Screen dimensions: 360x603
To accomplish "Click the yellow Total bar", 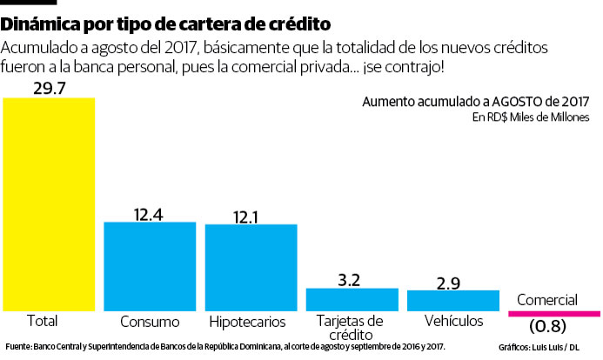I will pos(49,203).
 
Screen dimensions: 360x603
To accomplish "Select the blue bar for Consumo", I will pos(150,266).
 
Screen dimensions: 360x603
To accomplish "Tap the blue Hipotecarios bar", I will pos(251,267).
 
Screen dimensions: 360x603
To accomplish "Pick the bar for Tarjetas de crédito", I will pos(352,299).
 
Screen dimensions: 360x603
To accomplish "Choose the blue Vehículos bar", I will pos(453,300).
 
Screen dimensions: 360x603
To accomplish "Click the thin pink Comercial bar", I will pos(553,311).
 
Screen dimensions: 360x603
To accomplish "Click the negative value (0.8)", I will pos(546,327).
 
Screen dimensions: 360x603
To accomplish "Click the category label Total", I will pos(43,321).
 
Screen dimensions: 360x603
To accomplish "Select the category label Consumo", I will pos(150,322).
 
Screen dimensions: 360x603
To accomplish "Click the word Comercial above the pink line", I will pos(546,300).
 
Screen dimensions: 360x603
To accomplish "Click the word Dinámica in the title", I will pos(42,20).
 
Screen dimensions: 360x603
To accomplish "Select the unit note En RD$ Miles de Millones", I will pos(531,117).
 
